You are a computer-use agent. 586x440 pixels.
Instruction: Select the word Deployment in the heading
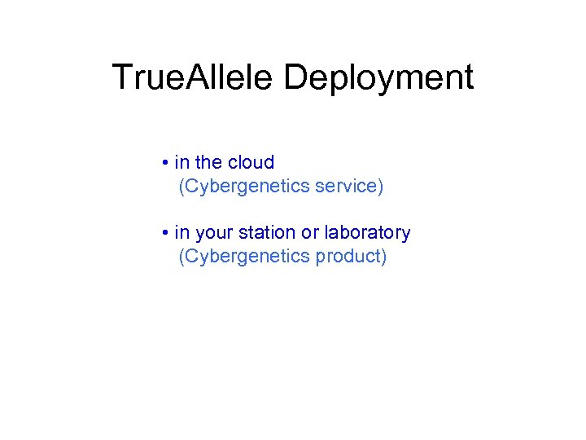(378, 78)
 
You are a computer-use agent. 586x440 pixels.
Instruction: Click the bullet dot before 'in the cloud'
(164, 163)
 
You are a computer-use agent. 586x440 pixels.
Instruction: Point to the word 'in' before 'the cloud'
(181, 162)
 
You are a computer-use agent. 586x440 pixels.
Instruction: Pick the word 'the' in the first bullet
(208, 162)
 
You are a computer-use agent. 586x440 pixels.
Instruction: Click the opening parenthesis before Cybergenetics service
(181, 187)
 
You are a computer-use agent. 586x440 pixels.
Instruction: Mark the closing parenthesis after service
(379, 187)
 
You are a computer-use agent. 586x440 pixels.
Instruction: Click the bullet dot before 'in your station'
(164, 233)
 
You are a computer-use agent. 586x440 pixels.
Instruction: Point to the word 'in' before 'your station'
(181, 232)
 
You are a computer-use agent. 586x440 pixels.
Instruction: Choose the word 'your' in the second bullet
(213, 233)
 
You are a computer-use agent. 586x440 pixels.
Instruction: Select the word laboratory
(367, 233)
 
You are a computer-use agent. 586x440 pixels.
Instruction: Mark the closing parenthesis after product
(384, 257)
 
